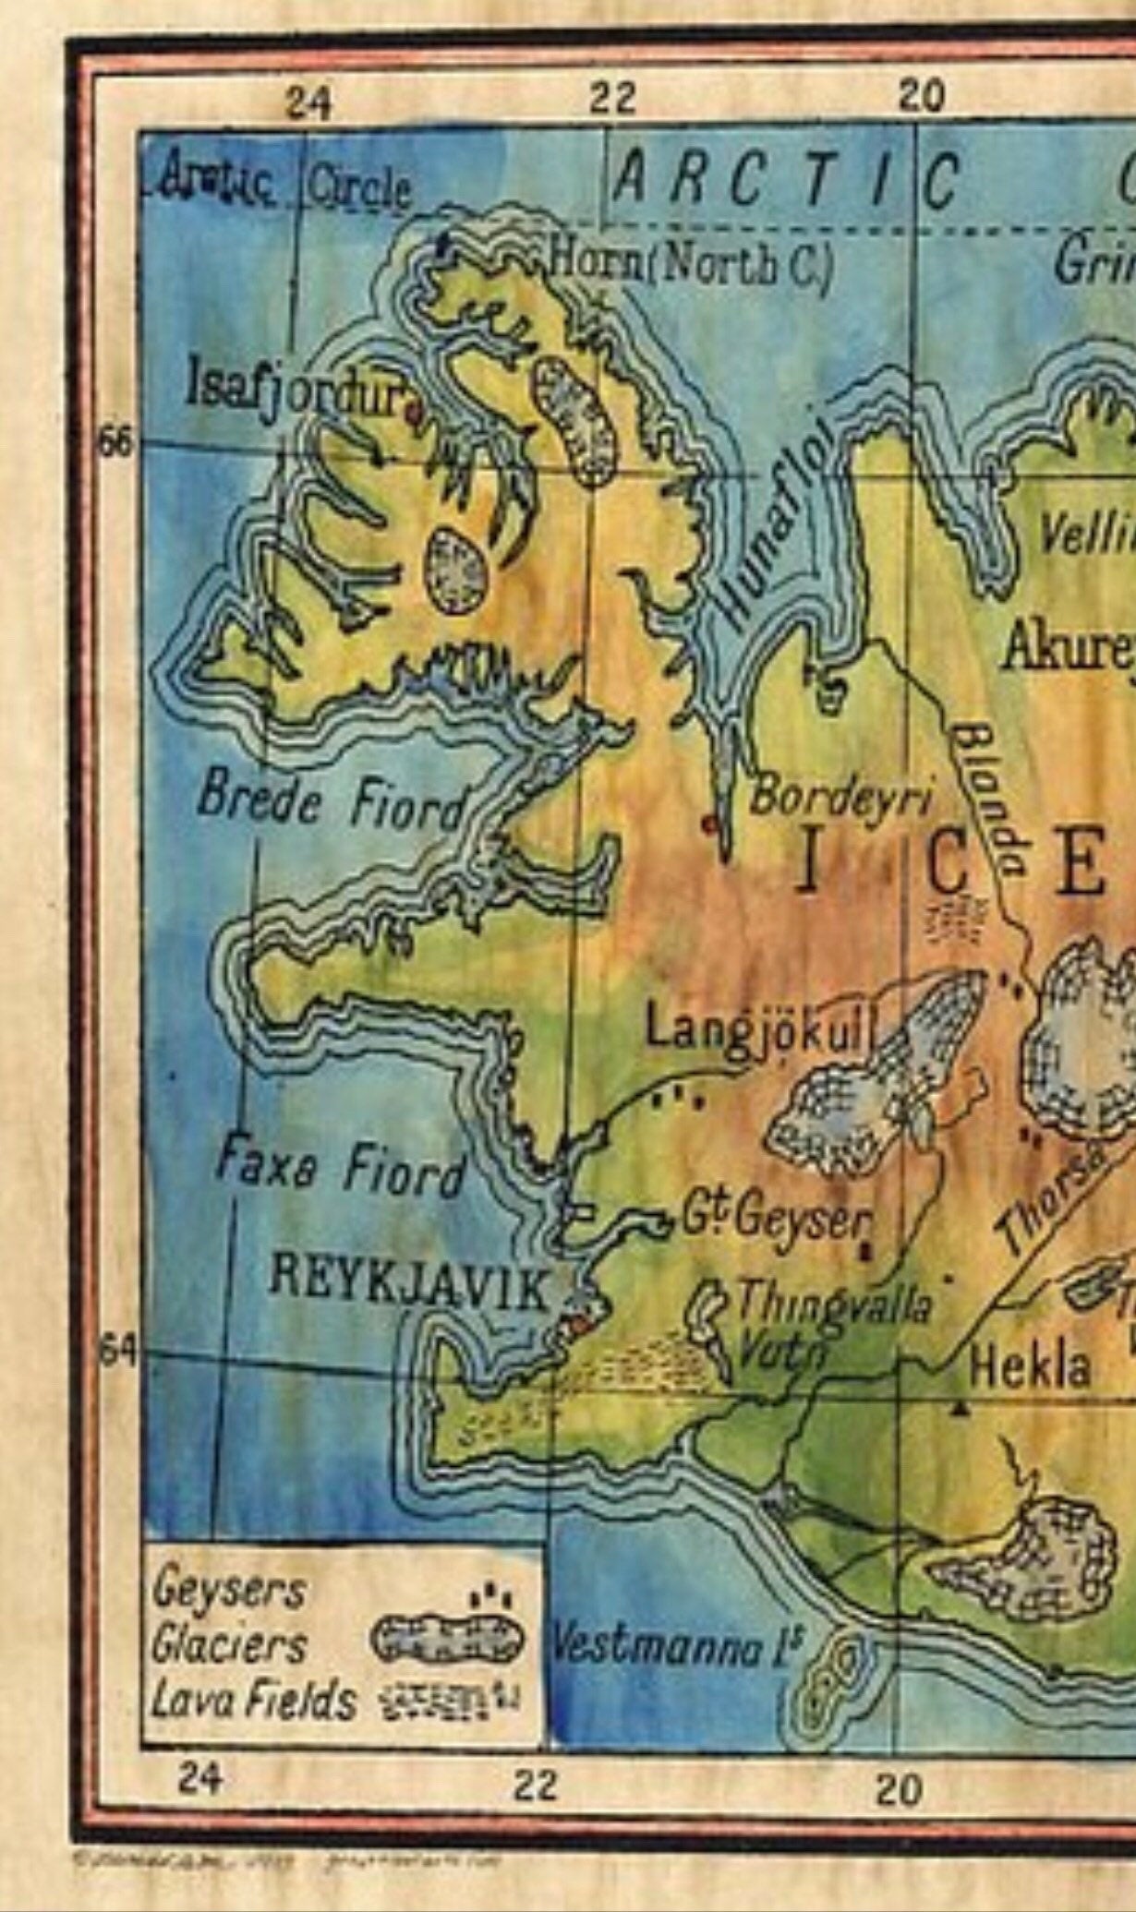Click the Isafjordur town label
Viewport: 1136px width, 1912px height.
tap(296, 389)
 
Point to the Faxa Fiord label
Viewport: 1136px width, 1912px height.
tap(340, 1167)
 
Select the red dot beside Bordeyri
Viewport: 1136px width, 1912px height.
tap(709, 821)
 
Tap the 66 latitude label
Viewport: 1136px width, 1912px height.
tap(116, 443)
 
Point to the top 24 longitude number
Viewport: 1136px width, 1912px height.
tap(308, 103)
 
